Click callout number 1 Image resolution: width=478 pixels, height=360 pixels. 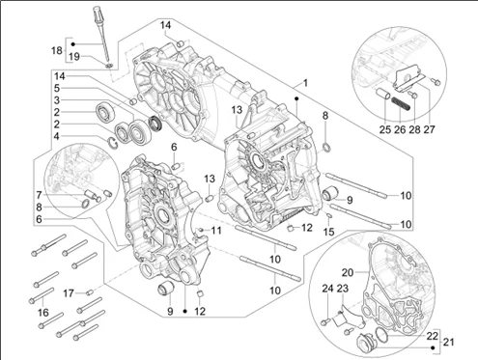click(306, 84)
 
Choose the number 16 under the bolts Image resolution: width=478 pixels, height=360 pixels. click(41, 313)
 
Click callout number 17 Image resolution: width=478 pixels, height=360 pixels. click(69, 292)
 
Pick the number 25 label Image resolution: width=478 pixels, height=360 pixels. click(385, 128)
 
